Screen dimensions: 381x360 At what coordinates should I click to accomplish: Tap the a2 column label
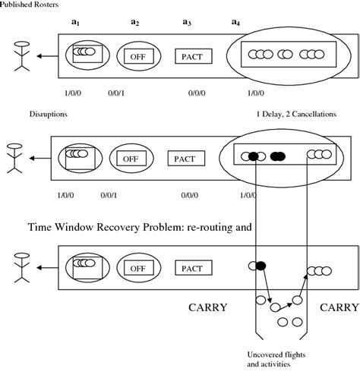point(134,23)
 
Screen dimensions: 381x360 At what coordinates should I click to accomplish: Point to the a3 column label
point(186,23)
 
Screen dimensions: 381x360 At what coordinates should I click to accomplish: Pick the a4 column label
point(236,23)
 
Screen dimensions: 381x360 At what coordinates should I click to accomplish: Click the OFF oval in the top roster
point(137,55)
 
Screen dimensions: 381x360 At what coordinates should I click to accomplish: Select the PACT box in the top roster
point(194,55)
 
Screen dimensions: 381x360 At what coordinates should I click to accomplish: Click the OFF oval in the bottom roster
point(137,268)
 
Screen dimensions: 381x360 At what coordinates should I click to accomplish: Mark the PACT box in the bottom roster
point(194,268)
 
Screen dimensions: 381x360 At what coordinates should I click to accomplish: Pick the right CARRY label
point(339,307)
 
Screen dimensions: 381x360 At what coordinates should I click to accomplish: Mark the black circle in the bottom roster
point(261,266)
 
